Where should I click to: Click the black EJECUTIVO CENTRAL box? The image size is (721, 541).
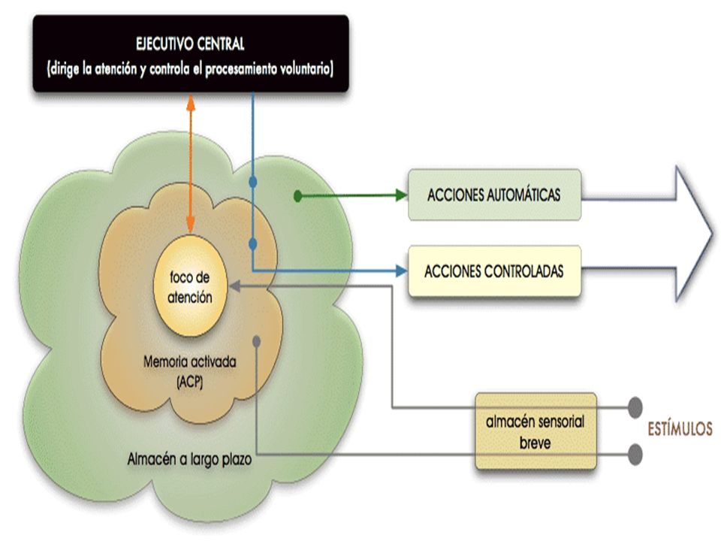tap(191, 53)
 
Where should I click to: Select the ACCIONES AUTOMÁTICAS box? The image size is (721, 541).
tap(495, 195)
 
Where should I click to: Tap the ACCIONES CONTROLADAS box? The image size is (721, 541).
tap(495, 271)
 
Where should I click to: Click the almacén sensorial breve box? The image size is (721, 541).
tap(535, 431)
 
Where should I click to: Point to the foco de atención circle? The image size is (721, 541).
tap(190, 286)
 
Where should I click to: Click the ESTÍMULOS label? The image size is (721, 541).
tap(680, 429)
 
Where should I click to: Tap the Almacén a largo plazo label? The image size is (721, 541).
tap(189, 459)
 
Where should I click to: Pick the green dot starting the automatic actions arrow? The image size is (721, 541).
tap(298, 196)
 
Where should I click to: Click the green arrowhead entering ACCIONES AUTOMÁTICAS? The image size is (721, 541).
tap(402, 195)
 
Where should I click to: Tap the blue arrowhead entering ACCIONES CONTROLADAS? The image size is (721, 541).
tap(402, 271)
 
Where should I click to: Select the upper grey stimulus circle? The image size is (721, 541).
tap(635, 407)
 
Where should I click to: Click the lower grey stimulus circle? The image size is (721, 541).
tap(635, 455)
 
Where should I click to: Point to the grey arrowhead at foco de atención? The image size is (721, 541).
tap(234, 286)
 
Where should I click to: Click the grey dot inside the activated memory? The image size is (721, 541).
tap(257, 341)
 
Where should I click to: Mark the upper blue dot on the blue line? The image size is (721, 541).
tap(252, 182)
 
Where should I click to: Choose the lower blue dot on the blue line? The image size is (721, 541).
tap(252, 243)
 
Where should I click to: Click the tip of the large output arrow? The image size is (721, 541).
tap(713, 234)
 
